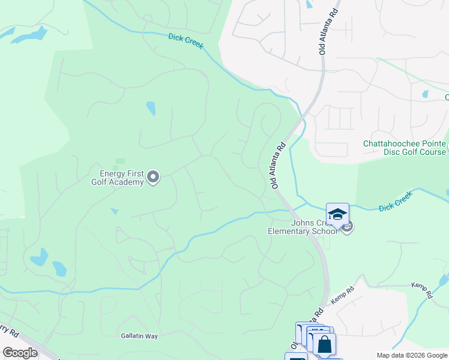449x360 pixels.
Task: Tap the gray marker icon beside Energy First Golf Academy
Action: pyautogui.click(x=153, y=177)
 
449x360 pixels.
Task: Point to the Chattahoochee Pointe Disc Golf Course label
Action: pyautogui.click(x=404, y=148)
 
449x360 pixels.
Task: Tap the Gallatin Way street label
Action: pyautogui.click(x=139, y=336)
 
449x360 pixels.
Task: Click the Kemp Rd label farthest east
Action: pyautogui.click(x=422, y=290)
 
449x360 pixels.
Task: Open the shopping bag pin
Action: pyautogui.click(x=325, y=345)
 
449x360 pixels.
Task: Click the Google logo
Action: pyautogui.click(x=20, y=353)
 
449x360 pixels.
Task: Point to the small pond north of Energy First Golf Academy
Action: pyautogui.click(x=151, y=109)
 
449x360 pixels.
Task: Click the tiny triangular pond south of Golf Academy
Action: pyautogui.click(x=114, y=211)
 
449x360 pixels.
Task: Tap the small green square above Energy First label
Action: pyautogui.click(x=120, y=161)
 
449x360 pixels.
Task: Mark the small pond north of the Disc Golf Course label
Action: pyautogui.click(x=426, y=94)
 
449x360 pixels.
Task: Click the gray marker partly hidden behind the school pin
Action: pyautogui.click(x=348, y=226)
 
